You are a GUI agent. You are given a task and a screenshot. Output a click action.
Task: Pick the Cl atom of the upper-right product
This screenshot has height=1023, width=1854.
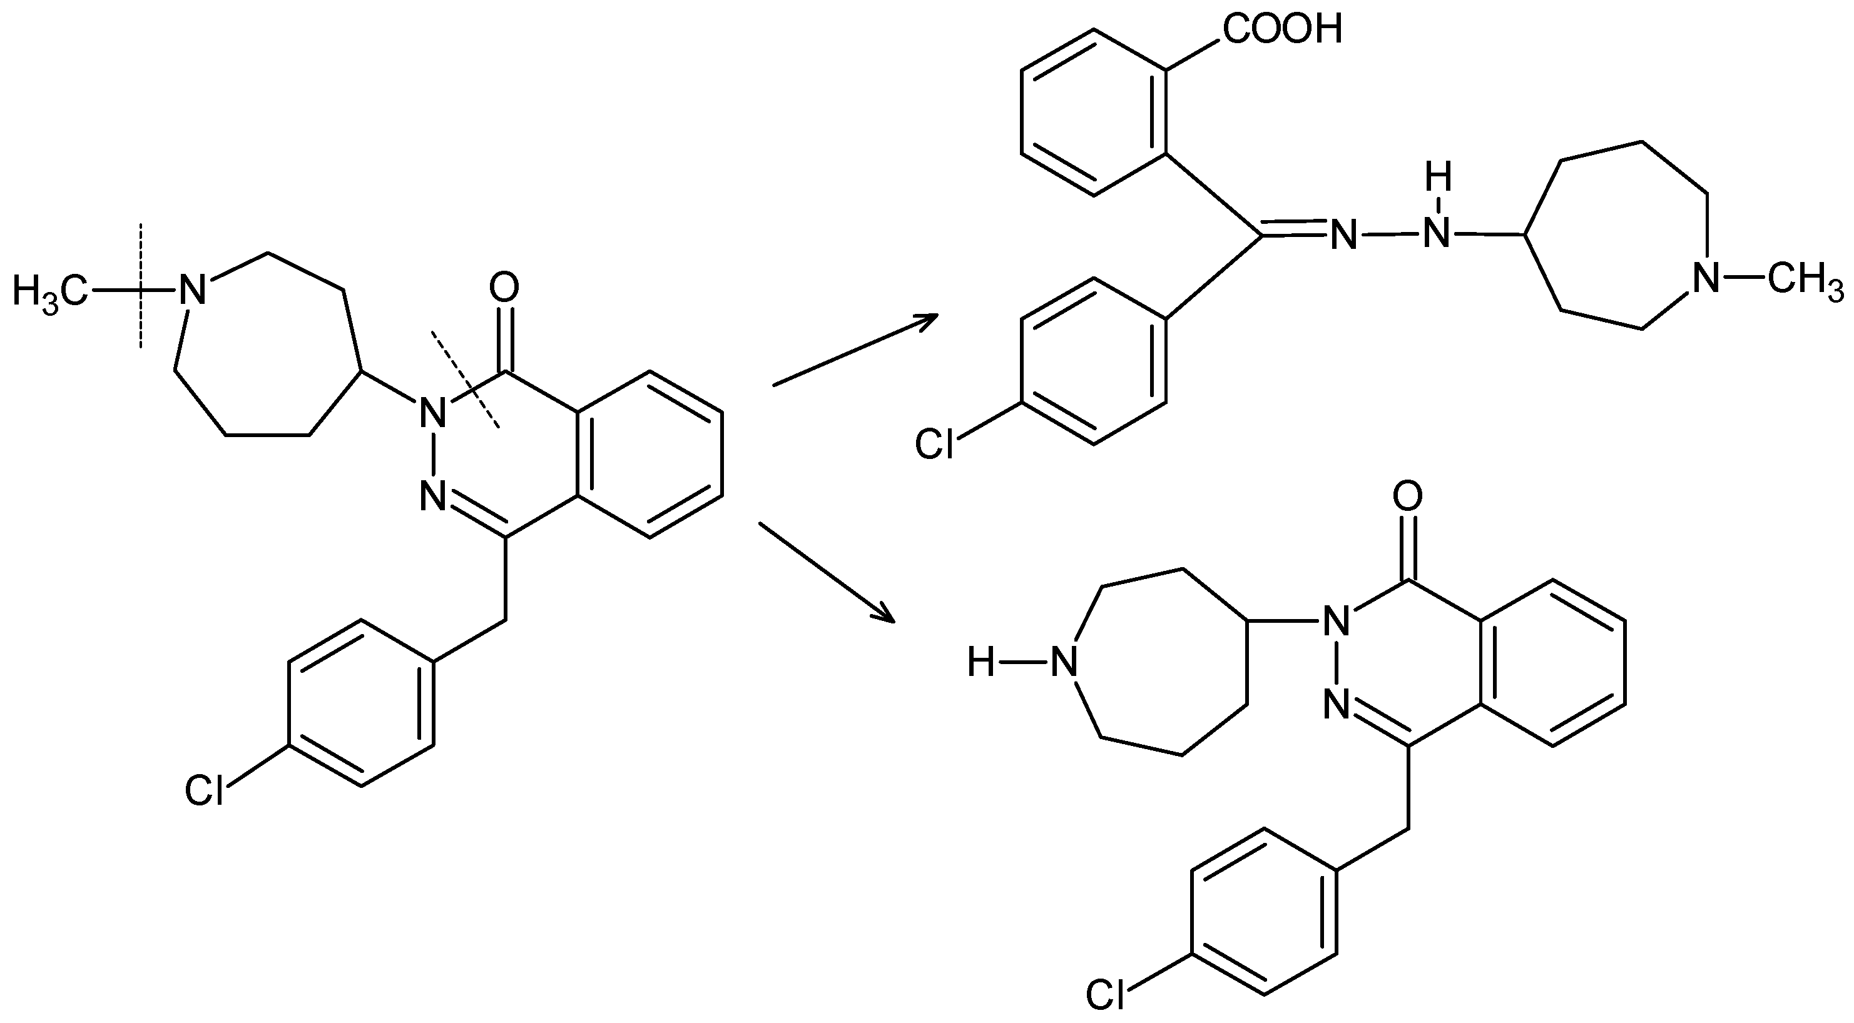click(x=934, y=445)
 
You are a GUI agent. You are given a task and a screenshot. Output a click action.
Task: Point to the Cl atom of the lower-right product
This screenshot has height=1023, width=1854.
click(x=1106, y=995)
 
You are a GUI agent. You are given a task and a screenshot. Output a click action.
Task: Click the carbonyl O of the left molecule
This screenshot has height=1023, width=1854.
click(x=504, y=288)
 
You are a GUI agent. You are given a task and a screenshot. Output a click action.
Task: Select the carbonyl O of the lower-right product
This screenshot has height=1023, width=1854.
click(x=1408, y=495)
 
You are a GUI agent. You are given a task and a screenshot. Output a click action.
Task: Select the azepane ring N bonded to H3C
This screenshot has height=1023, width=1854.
click(x=191, y=291)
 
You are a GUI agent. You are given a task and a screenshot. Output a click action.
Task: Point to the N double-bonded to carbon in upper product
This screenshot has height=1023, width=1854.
click(x=1343, y=235)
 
